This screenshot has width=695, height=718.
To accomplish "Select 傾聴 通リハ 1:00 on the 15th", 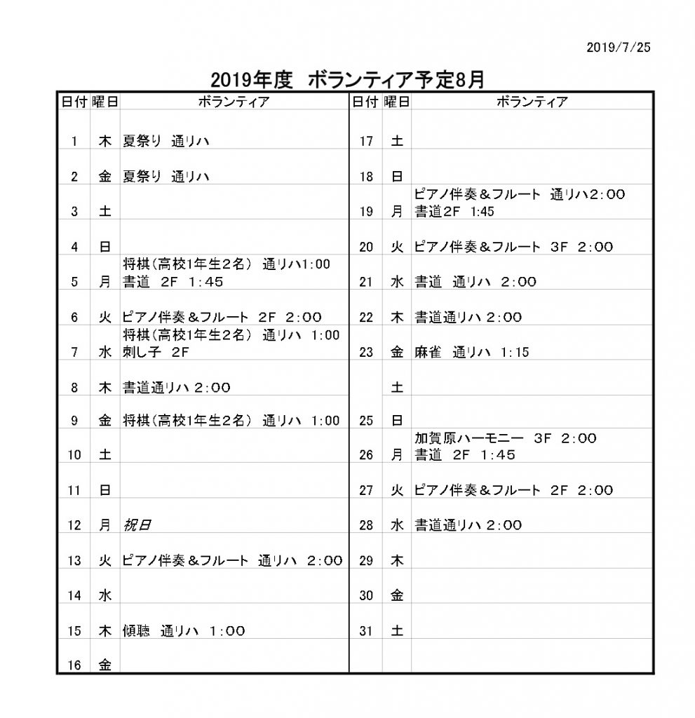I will pos(184,630).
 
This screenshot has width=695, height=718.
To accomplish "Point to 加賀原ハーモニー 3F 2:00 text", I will pos(505,438).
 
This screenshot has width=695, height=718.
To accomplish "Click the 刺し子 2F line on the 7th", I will pos(156,352).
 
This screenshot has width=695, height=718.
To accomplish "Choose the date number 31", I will pos(366,630).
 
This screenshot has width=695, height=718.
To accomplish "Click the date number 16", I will pos(74,665).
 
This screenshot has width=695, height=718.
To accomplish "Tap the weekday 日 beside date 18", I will pos(397,177).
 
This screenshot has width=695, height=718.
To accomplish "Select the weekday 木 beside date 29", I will pos(397,560).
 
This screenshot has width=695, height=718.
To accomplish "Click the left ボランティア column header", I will pos(234,102).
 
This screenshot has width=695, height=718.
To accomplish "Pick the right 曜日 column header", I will pos(397,102).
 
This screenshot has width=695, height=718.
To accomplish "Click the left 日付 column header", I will pos(74,102).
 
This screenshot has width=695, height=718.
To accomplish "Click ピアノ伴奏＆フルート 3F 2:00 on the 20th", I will pos(513,247).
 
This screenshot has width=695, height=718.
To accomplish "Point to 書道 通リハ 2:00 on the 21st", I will pos(475,282).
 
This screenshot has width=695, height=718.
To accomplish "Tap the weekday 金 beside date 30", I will pos(397,595).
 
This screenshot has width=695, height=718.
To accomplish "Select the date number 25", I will pos(366,421).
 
